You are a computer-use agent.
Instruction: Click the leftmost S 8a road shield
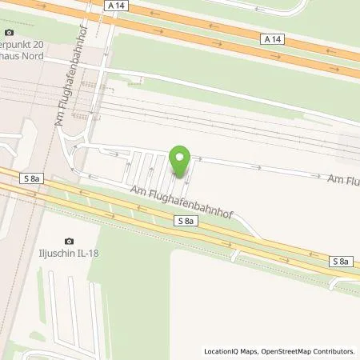click(33, 178)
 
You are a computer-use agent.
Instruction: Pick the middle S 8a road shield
click(186, 220)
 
